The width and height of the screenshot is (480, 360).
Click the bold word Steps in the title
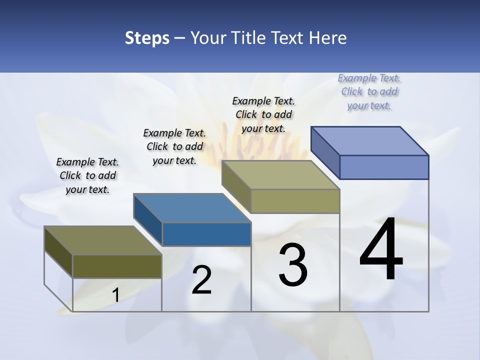click(146, 38)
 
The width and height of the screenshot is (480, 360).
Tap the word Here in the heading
click(328, 38)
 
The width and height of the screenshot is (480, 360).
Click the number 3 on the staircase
click(293, 265)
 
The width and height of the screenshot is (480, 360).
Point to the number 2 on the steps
click(201, 280)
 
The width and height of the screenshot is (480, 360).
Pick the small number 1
click(115, 295)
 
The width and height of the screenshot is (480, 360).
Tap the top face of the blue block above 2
click(192, 207)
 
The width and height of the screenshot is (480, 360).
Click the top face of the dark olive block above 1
click(103, 240)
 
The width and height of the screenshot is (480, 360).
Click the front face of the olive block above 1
click(117, 266)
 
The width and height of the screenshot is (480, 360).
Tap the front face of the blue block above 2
click(206, 234)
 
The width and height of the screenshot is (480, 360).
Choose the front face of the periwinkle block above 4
click(384, 167)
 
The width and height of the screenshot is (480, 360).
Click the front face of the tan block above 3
click(295, 201)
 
